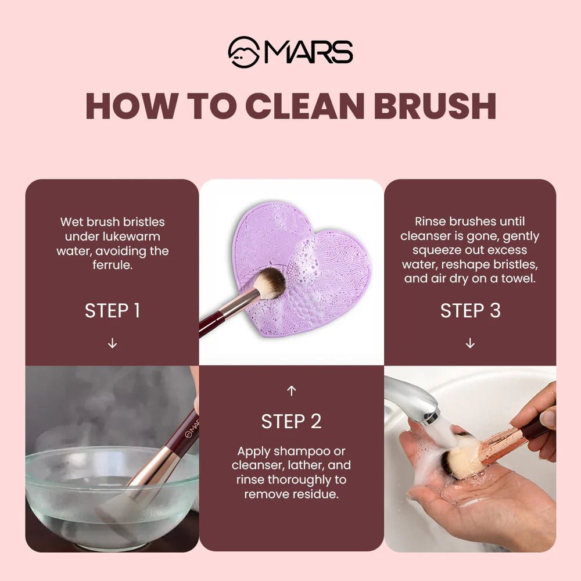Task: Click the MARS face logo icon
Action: coord(243,52)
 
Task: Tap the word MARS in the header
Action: coord(308,52)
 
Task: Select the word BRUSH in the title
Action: coord(435,106)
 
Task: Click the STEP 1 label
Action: coord(112,310)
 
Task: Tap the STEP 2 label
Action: coord(291,422)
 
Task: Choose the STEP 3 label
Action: coord(470,310)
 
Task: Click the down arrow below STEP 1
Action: coord(112,343)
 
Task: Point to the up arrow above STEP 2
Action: coord(291,391)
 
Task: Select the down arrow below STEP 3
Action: coord(470,343)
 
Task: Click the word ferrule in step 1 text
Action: coord(112,266)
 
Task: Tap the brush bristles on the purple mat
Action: coord(271,283)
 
